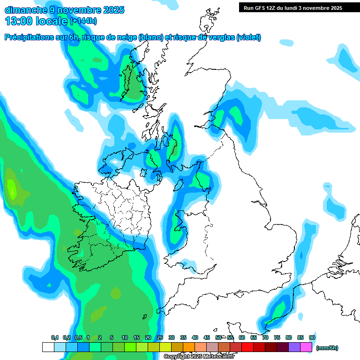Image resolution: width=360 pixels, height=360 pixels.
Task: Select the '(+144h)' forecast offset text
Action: pyautogui.click(x=83, y=21)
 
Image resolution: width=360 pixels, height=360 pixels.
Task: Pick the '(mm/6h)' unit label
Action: pyautogui.click(x=327, y=348)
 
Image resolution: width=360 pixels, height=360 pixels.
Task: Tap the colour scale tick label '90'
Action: pyautogui.click(x=312, y=338)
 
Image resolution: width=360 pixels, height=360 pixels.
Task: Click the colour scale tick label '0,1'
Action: pyautogui.click(x=55, y=338)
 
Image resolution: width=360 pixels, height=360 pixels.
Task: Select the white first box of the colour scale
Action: pyautogui.click(x=48, y=347)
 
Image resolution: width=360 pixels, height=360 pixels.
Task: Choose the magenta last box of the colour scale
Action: pyautogui.click(x=306, y=347)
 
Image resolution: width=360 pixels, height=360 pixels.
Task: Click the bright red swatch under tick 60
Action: pyautogui.click(x=247, y=347)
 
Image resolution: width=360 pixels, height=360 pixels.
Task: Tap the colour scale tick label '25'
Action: pyautogui.click(x=160, y=338)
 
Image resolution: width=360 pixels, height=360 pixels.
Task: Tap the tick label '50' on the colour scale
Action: pyautogui.click(x=218, y=338)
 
